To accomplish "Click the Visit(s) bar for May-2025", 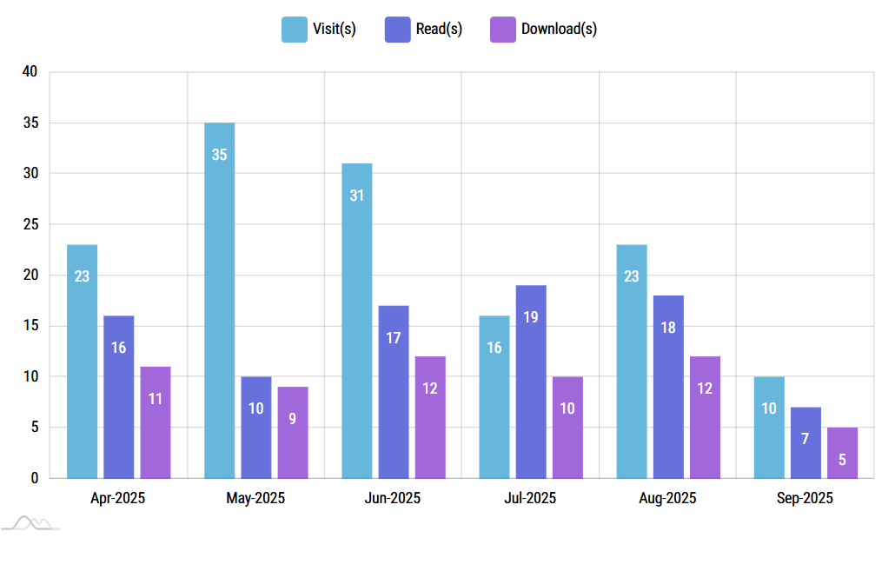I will pos(219,300).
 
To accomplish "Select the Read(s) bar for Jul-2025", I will pos(531,382).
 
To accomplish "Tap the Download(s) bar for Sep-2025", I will pos(842,453).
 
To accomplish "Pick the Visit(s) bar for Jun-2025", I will pos(356,321).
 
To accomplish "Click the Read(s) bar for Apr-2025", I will pos(119,396).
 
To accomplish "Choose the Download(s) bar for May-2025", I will pos(293,432).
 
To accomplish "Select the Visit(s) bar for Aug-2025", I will pos(632,361).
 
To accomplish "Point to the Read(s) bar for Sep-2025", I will pos(805,442).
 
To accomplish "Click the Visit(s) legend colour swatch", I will pos(294,29).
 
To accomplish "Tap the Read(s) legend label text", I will pos(439,29).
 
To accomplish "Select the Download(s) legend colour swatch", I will pos(502,29).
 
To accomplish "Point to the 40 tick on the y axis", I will pos(30,72).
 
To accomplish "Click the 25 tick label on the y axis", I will pos(30,224).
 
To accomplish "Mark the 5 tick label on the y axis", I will pos(34,428).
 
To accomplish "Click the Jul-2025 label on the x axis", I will pos(530,499).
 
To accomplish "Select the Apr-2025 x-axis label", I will pos(118,499).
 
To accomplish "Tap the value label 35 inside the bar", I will pos(219,155).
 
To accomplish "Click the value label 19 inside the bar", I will pos(531,317).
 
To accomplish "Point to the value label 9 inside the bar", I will pos(293,418).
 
